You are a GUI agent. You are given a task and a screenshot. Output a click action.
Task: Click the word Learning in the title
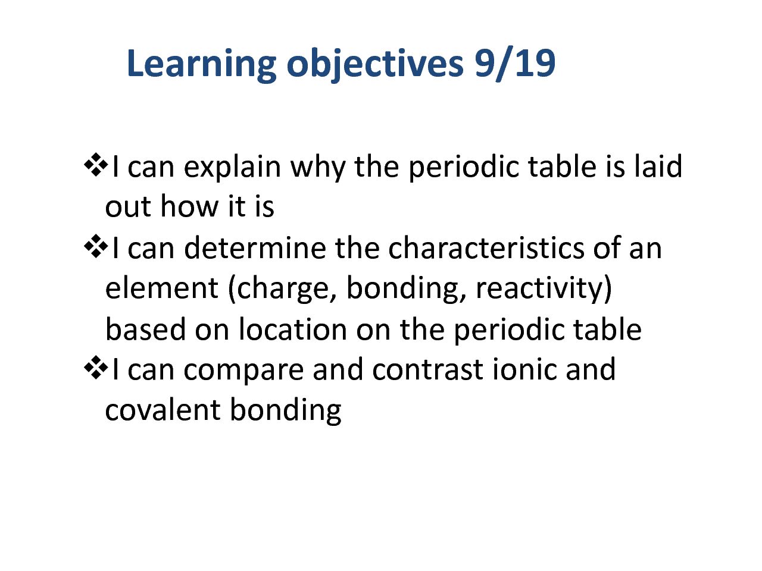[x=201, y=64]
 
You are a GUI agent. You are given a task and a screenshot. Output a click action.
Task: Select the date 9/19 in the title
[x=515, y=64]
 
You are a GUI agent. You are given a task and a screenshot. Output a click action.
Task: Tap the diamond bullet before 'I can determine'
[x=95, y=246]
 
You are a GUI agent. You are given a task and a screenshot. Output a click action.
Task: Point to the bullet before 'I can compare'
[x=95, y=368]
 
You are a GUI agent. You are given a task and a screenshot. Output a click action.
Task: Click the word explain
[x=232, y=168]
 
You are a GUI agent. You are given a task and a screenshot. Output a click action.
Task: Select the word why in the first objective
[x=318, y=168]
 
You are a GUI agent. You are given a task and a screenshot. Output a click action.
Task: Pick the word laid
[x=658, y=166]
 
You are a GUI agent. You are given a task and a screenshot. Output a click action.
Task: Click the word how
[x=189, y=206]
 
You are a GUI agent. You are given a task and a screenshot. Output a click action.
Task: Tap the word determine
[x=255, y=247]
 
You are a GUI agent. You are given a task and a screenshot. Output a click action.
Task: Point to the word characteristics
[x=486, y=247]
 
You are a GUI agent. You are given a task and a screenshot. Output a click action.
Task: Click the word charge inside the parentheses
[x=282, y=290]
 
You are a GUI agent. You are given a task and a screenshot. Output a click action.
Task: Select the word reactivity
[x=540, y=290]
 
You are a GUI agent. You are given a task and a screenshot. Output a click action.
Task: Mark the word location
[x=293, y=329]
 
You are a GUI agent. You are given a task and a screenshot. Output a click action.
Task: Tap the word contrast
[x=427, y=369]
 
